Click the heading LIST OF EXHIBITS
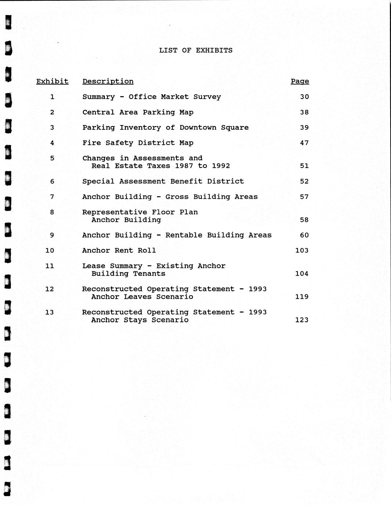coord(195,50)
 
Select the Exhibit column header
coord(52,81)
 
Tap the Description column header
coord(108,81)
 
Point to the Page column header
coord(300,81)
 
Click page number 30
coord(304,97)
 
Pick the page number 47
coord(304,143)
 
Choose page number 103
coord(302,250)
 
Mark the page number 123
coord(302,320)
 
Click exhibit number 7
coord(52,197)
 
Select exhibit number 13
coord(50,312)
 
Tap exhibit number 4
coord(52,143)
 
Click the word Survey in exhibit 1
coord(207,97)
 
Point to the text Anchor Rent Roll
coord(119,250)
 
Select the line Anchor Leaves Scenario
coord(142,297)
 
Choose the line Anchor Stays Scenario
coord(140,320)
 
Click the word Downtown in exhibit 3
coord(198,128)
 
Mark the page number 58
coord(304,220)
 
